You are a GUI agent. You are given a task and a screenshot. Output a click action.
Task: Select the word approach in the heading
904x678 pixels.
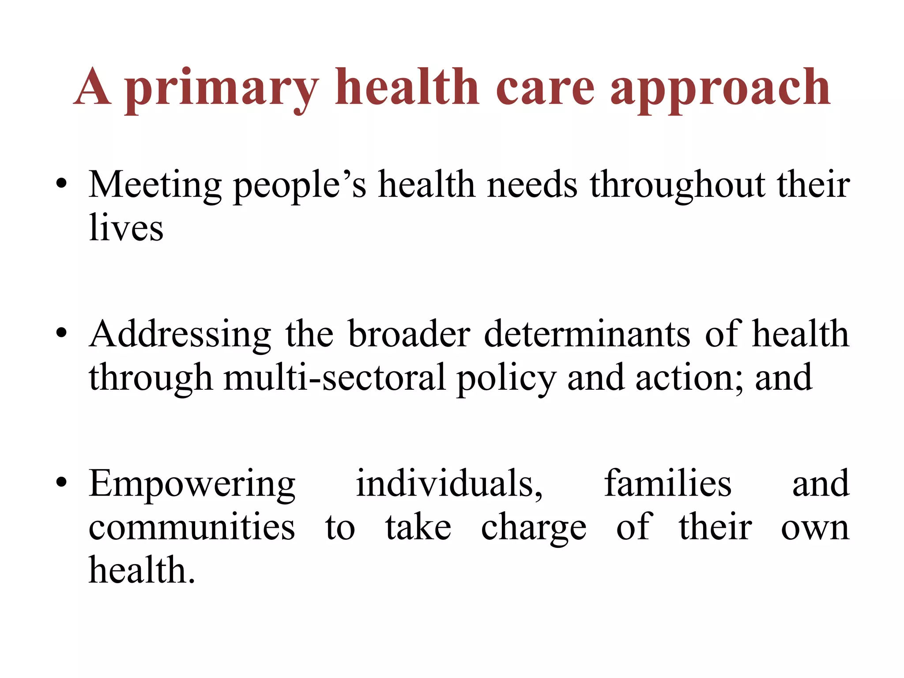click(720, 88)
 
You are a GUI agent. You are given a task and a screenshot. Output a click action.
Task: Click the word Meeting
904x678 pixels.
click(155, 185)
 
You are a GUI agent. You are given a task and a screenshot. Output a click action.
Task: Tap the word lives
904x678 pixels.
click(126, 228)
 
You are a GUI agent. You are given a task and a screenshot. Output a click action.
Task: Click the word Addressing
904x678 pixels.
click(180, 334)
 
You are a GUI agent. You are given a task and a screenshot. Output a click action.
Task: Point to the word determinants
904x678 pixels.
click(587, 334)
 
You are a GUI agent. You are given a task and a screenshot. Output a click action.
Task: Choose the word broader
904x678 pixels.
click(409, 334)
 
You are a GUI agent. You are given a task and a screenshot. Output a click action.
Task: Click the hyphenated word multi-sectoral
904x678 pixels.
click(334, 377)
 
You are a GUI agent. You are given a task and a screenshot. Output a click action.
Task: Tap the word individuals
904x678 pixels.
click(449, 483)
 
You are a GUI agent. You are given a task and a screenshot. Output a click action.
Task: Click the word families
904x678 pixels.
click(667, 483)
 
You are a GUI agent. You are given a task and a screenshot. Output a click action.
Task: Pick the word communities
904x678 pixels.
click(192, 527)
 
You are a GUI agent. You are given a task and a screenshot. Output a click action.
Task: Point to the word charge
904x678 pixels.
click(534, 528)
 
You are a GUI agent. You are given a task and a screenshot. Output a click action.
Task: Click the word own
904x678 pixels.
click(815, 528)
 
